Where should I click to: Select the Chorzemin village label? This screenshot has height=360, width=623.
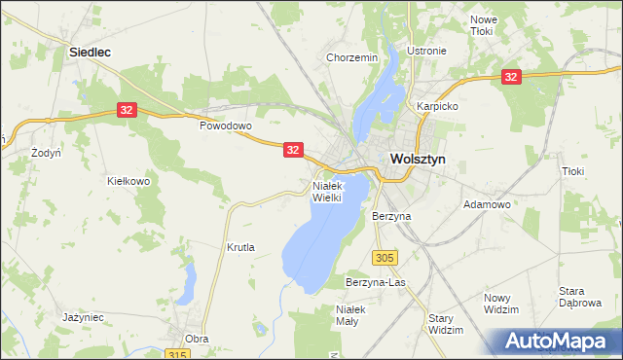click(x=352, y=57)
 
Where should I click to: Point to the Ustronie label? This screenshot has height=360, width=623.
click(x=426, y=52)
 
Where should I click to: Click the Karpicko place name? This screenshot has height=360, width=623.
click(x=437, y=105)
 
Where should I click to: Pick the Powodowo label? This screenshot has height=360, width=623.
click(x=226, y=126)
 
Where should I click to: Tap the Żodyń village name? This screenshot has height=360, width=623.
click(x=46, y=153)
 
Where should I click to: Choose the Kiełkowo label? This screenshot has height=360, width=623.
click(x=128, y=181)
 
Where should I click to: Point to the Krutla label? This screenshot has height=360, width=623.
click(x=240, y=247)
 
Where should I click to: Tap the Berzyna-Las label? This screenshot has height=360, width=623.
click(x=375, y=282)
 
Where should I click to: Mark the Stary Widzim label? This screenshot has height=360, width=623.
click(x=446, y=324)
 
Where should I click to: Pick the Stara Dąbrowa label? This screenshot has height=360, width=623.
click(x=579, y=297)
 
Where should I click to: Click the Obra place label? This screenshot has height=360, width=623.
click(x=197, y=339)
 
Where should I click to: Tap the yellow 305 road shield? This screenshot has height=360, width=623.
click(x=385, y=257)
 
